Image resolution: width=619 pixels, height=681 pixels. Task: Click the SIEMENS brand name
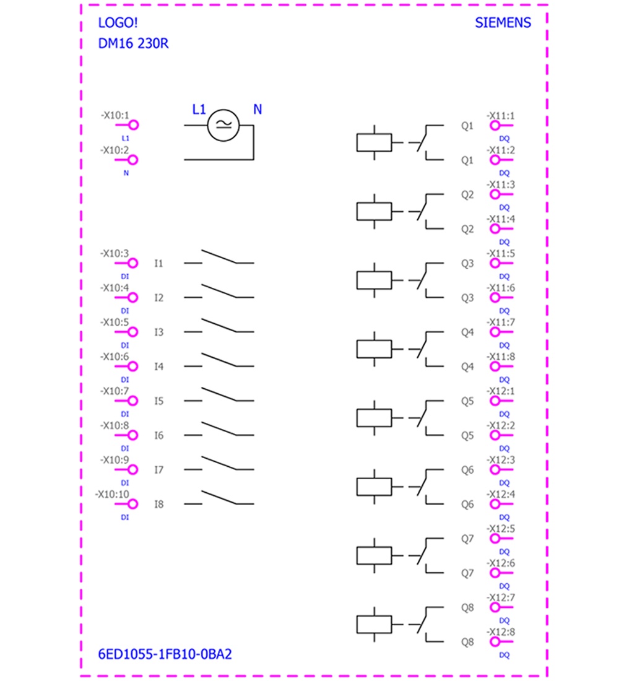pos(503,22)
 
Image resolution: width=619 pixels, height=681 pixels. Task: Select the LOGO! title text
pos(118,22)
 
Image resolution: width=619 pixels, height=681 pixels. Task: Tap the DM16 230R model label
pos(133,43)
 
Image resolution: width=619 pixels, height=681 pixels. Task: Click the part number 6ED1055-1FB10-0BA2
pos(165,654)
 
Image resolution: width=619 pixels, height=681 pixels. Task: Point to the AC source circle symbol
pos(223,125)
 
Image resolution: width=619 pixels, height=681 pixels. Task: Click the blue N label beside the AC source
pos(258,110)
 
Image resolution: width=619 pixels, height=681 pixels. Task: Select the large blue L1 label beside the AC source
pos(199,110)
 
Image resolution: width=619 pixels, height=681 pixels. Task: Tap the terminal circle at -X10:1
pos(133,125)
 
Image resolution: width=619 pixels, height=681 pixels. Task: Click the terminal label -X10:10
pos(112,494)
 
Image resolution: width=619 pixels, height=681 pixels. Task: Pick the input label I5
pos(159,401)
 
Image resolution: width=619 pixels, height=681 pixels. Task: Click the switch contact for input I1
pos(219,257)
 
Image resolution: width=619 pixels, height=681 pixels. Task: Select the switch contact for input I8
pos(219,498)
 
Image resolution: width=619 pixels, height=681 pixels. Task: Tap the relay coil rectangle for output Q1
pos(374,142)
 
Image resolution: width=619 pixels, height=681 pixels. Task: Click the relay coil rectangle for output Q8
pos(374,625)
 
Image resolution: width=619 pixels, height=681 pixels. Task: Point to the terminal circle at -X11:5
pos(495,263)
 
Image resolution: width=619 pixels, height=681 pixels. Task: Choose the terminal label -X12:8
pos(501,632)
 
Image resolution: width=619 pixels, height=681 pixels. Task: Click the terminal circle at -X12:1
pos(495,401)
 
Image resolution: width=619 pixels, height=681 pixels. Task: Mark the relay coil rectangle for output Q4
pos(374,349)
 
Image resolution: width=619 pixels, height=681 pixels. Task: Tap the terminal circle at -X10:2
pos(133,160)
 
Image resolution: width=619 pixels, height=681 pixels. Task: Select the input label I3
pos(159,332)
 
